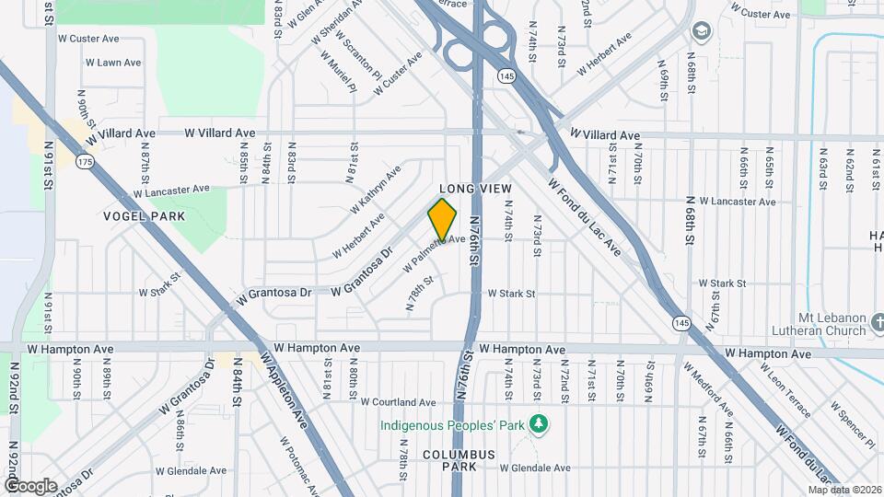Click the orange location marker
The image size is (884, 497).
tap(442, 219)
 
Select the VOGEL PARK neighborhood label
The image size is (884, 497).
tap(145, 216)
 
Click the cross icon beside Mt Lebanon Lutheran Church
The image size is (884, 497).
tap(878, 323)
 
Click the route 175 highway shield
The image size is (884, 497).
tap(86, 162)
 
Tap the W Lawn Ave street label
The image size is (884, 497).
tap(112, 63)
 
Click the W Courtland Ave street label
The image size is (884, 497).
tap(398, 402)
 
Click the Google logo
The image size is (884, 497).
tap(30, 485)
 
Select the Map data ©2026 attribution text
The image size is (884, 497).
tap(844, 489)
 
